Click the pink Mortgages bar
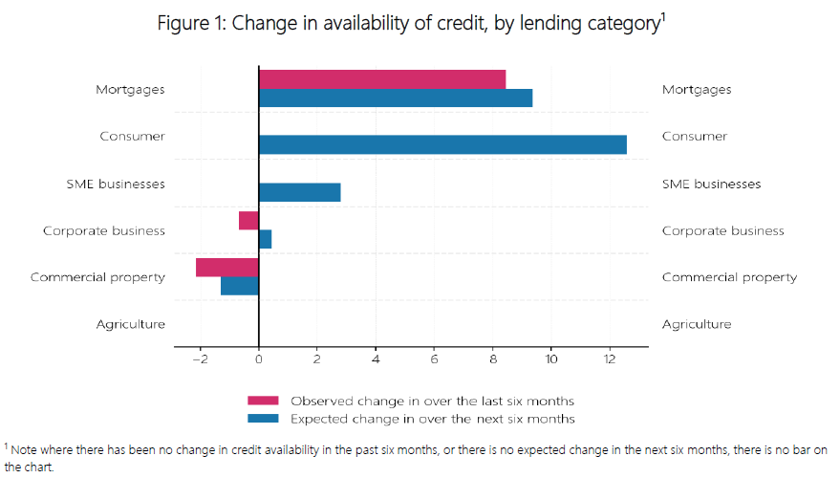pyautogui.click(x=382, y=79)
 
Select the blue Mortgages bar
pyautogui.click(x=396, y=98)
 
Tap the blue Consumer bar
pyautogui.click(x=442, y=144)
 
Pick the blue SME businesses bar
pyautogui.click(x=299, y=192)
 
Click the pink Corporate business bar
pyautogui.click(x=248, y=221)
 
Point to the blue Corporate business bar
pyautogui.click(x=265, y=239)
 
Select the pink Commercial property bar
pyautogui.click(x=227, y=268)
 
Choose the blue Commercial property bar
pyautogui.click(x=240, y=286)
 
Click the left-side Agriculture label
pyautogui.click(x=130, y=324)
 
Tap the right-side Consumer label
pyautogui.click(x=695, y=137)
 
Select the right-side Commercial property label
pyautogui.click(x=729, y=277)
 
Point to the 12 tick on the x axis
pyautogui.click(x=610, y=359)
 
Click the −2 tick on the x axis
pyautogui.click(x=200, y=359)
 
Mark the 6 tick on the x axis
pyautogui.click(x=434, y=359)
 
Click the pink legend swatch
pyautogui.click(x=263, y=401)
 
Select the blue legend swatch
pyautogui.click(x=263, y=419)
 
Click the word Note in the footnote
pyautogui.click(x=27, y=449)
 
